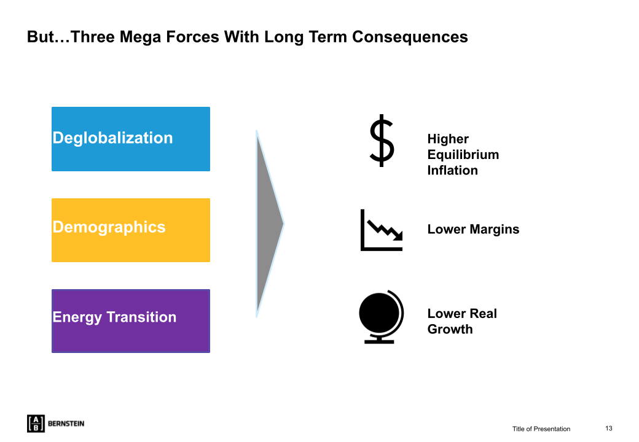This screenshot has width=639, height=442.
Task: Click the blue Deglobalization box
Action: [131, 139]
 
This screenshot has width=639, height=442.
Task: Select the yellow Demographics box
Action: [131, 230]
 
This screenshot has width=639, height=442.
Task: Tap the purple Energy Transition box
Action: [131, 320]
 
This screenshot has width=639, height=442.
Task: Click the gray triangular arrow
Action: [268, 223]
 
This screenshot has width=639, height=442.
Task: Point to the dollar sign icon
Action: [382, 141]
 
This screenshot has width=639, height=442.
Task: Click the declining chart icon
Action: [382, 230]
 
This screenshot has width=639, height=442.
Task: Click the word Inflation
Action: [452, 171]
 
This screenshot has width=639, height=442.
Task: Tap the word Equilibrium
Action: [463, 155]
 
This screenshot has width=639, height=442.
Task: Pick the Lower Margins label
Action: [473, 230]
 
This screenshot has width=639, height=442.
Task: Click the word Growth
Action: [450, 329]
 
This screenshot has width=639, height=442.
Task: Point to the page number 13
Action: [608, 428]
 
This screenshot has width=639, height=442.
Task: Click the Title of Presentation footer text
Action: [541, 429]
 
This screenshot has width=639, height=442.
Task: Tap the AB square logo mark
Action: [36, 424]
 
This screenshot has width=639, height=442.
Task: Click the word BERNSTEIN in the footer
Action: [66, 424]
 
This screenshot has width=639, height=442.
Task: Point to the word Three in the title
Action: [93, 37]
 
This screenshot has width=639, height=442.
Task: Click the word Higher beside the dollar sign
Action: [448, 139]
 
